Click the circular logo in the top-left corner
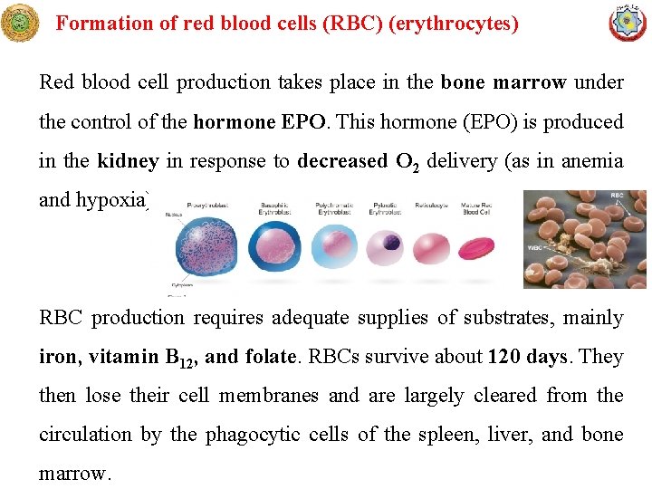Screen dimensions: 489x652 pos(20,23)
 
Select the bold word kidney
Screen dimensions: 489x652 pos(128,161)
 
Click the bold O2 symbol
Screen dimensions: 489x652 pos(406,162)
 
